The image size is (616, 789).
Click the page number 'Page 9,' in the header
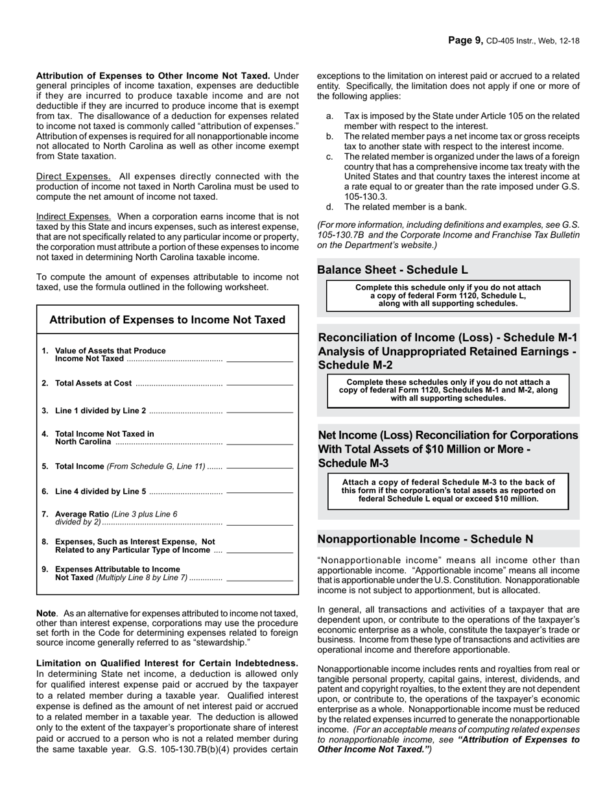point(465,40)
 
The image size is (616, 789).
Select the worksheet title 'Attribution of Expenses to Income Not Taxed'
point(167,320)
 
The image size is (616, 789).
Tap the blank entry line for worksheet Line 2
point(259,385)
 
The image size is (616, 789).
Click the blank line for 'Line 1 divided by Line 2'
point(259,413)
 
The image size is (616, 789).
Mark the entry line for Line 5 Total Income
point(259,468)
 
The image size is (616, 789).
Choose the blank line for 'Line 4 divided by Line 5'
point(259,494)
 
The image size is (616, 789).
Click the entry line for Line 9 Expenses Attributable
point(259,579)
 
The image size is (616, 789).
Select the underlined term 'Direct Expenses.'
point(73,176)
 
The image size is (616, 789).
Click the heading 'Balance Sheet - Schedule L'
point(392,270)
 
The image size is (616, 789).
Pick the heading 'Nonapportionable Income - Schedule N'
point(425,539)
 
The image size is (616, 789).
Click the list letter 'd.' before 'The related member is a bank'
point(330,207)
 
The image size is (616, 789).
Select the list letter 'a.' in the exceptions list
point(330,115)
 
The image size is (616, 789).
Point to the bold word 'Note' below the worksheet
point(46,613)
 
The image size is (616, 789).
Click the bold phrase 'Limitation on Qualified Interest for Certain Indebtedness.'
point(167,663)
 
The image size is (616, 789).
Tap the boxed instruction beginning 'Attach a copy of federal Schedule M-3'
point(448,491)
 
